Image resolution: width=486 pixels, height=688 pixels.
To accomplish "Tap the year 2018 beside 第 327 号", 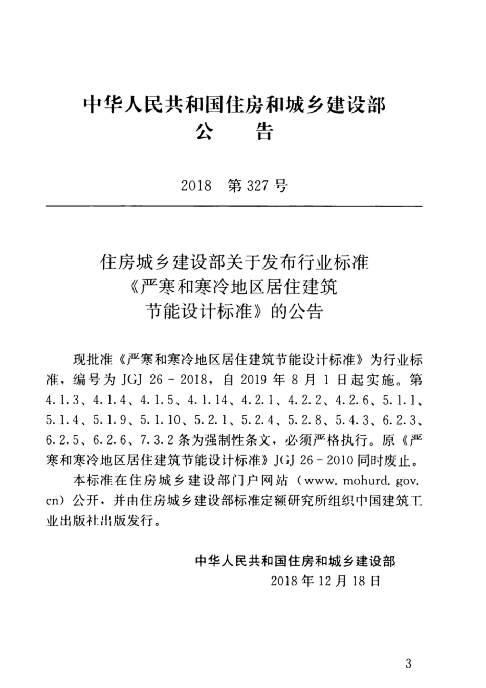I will point(196,185).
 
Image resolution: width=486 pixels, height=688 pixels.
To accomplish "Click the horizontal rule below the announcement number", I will point(234,206).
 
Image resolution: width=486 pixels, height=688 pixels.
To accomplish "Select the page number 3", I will point(408,664).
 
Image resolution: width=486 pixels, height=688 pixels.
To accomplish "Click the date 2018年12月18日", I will point(325,581).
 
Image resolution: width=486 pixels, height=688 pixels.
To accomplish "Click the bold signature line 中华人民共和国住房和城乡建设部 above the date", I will point(295,561).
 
